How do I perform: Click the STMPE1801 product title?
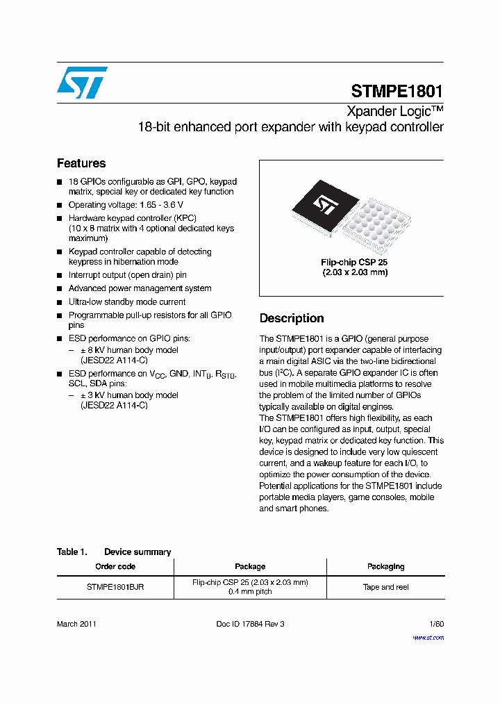[397, 92]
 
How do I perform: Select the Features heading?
[81, 163]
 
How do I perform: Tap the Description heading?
[292, 318]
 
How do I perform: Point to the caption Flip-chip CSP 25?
[354, 262]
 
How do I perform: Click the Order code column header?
[115, 566]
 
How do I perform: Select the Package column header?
[250, 566]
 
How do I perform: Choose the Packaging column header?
[385, 566]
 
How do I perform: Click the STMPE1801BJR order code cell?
[115, 587]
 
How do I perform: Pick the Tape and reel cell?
[385, 587]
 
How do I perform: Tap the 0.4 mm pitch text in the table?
[250, 592]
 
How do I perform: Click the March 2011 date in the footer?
[76, 624]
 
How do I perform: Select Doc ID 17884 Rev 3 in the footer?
[250, 624]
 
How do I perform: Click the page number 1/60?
[436, 624]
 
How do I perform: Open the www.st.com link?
[428, 637]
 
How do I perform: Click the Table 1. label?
[72, 552]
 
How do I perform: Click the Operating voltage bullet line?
[126, 205]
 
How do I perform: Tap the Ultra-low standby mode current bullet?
[127, 302]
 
